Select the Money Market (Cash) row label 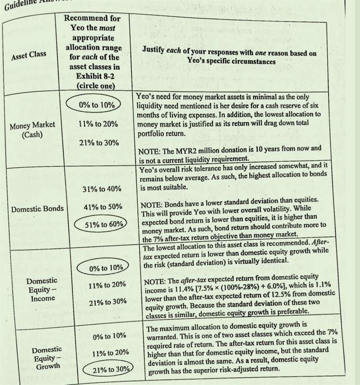coord(32,129)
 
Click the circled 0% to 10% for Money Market coord(97,105)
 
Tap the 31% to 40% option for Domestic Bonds coord(101,189)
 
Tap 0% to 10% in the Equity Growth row coord(110,336)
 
